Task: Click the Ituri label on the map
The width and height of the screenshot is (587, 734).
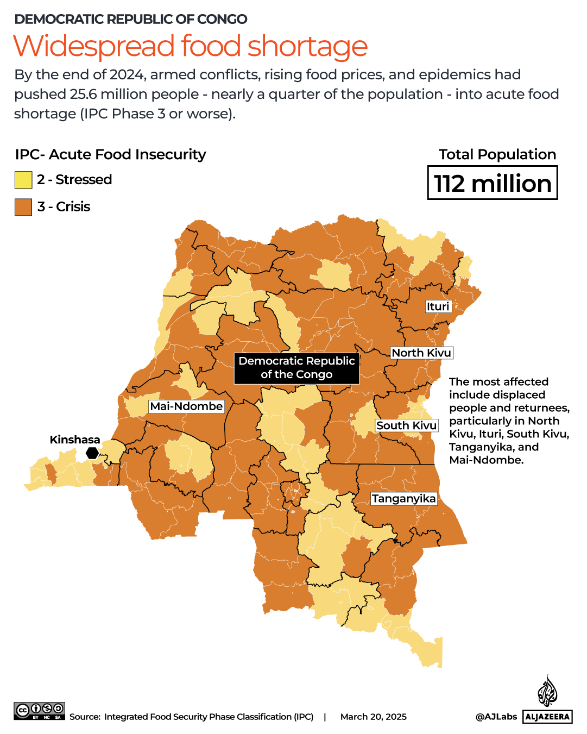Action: coord(438,306)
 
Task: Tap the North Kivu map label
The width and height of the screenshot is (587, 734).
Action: coord(421,353)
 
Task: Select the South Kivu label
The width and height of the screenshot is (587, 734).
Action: coord(406,425)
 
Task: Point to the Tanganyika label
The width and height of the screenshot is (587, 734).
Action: coord(403,499)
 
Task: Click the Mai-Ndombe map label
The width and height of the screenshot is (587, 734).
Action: coord(186,406)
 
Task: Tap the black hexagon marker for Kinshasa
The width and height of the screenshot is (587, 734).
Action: coord(92,453)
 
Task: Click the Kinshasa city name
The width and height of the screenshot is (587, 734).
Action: coord(75,440)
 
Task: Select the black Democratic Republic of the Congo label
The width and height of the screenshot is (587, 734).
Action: coord(296,368)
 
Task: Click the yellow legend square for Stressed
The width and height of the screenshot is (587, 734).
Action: coord(23,180)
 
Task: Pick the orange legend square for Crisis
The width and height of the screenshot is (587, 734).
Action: coord(23,207)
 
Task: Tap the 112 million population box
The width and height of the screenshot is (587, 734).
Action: coord(493,184)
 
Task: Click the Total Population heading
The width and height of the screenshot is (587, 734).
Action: coord(497,154)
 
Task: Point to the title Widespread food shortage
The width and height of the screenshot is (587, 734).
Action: coord(191,46)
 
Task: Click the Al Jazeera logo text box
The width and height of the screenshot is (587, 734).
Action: coord(547,717)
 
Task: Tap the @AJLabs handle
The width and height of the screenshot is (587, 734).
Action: coord(496,717)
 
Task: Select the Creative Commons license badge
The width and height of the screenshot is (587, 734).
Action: coord(40,711)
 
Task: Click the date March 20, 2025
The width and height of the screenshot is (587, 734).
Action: coord(373,717)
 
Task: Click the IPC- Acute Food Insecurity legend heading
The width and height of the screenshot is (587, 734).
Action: coord(111,154)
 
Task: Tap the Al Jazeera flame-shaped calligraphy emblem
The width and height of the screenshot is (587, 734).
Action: coord(547,692)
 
